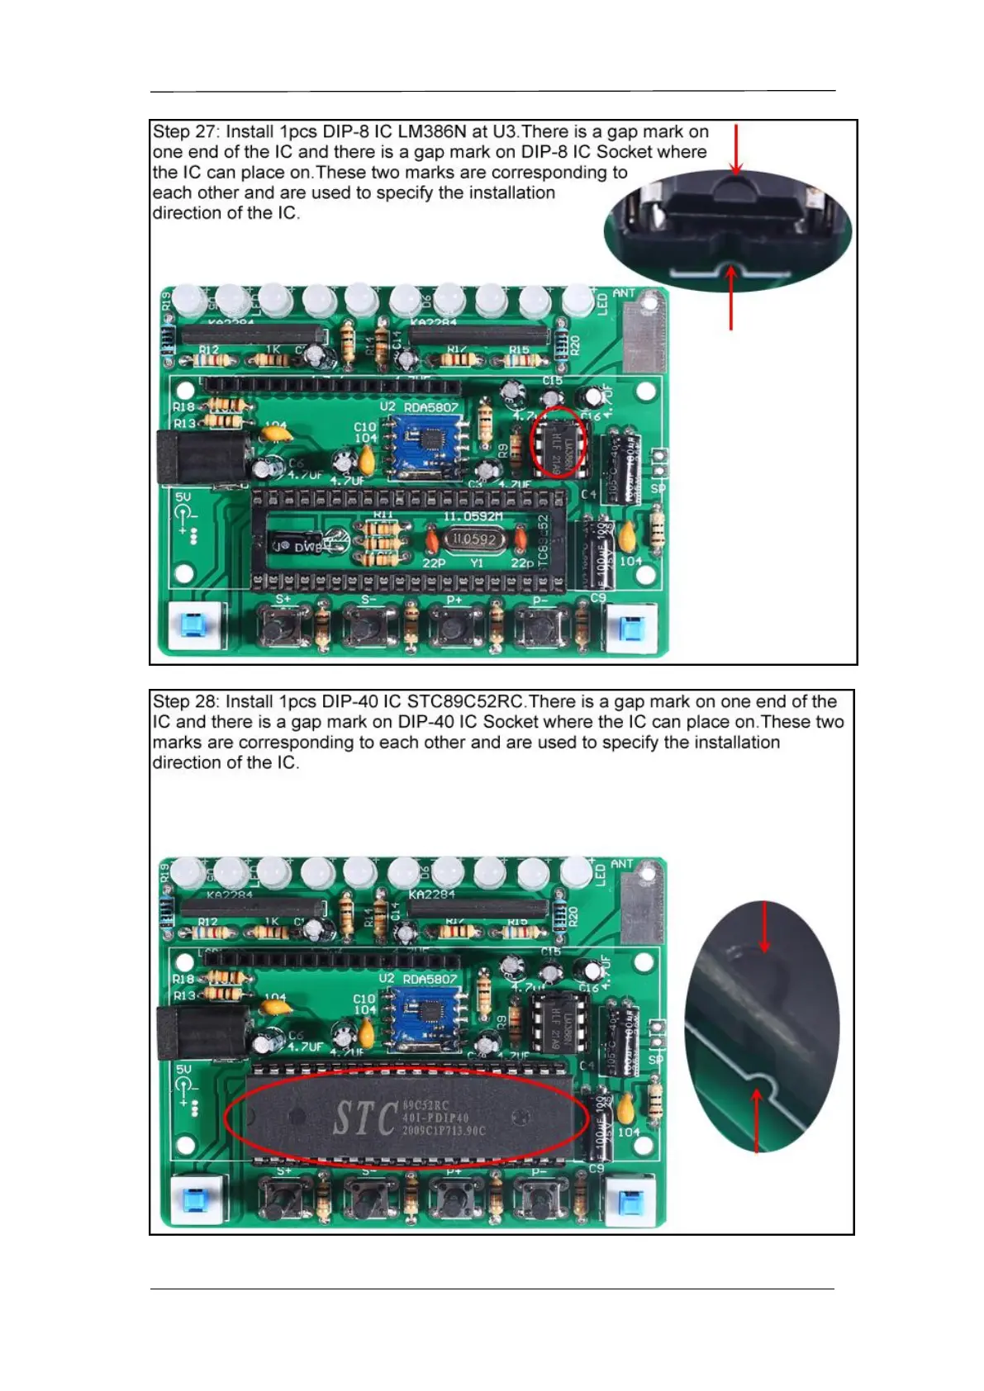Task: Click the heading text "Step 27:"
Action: click(x=186, y=132)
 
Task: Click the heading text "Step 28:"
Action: click(x=186, y=702)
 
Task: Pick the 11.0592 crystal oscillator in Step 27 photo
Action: click(x=473, y=539)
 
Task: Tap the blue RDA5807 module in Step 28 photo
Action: click(x=423, y=1015)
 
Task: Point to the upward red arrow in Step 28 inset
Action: click(x=757, y=1119)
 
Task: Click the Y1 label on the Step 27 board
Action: click(x=477, y=563)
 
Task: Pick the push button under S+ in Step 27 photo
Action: click(x=283, y=625)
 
